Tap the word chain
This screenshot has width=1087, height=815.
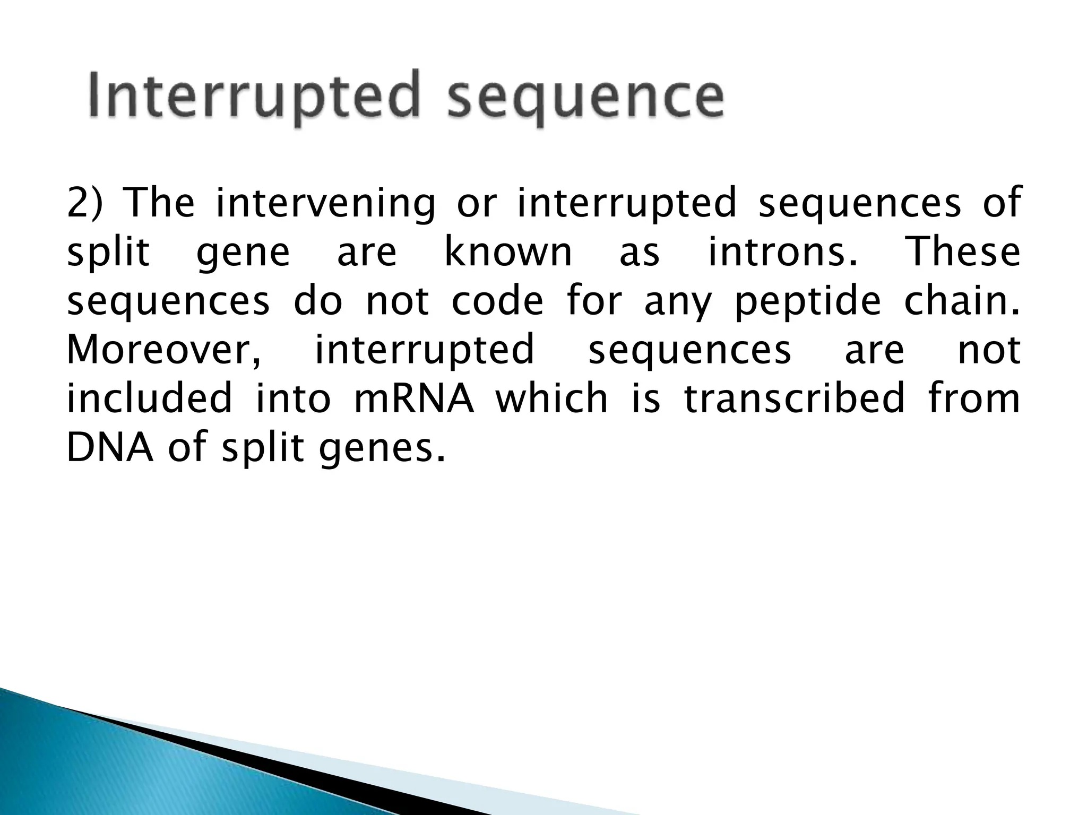tap(961, 301)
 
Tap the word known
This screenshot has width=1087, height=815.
tap(508, 252)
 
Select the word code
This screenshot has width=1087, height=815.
tap(497, 301)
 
